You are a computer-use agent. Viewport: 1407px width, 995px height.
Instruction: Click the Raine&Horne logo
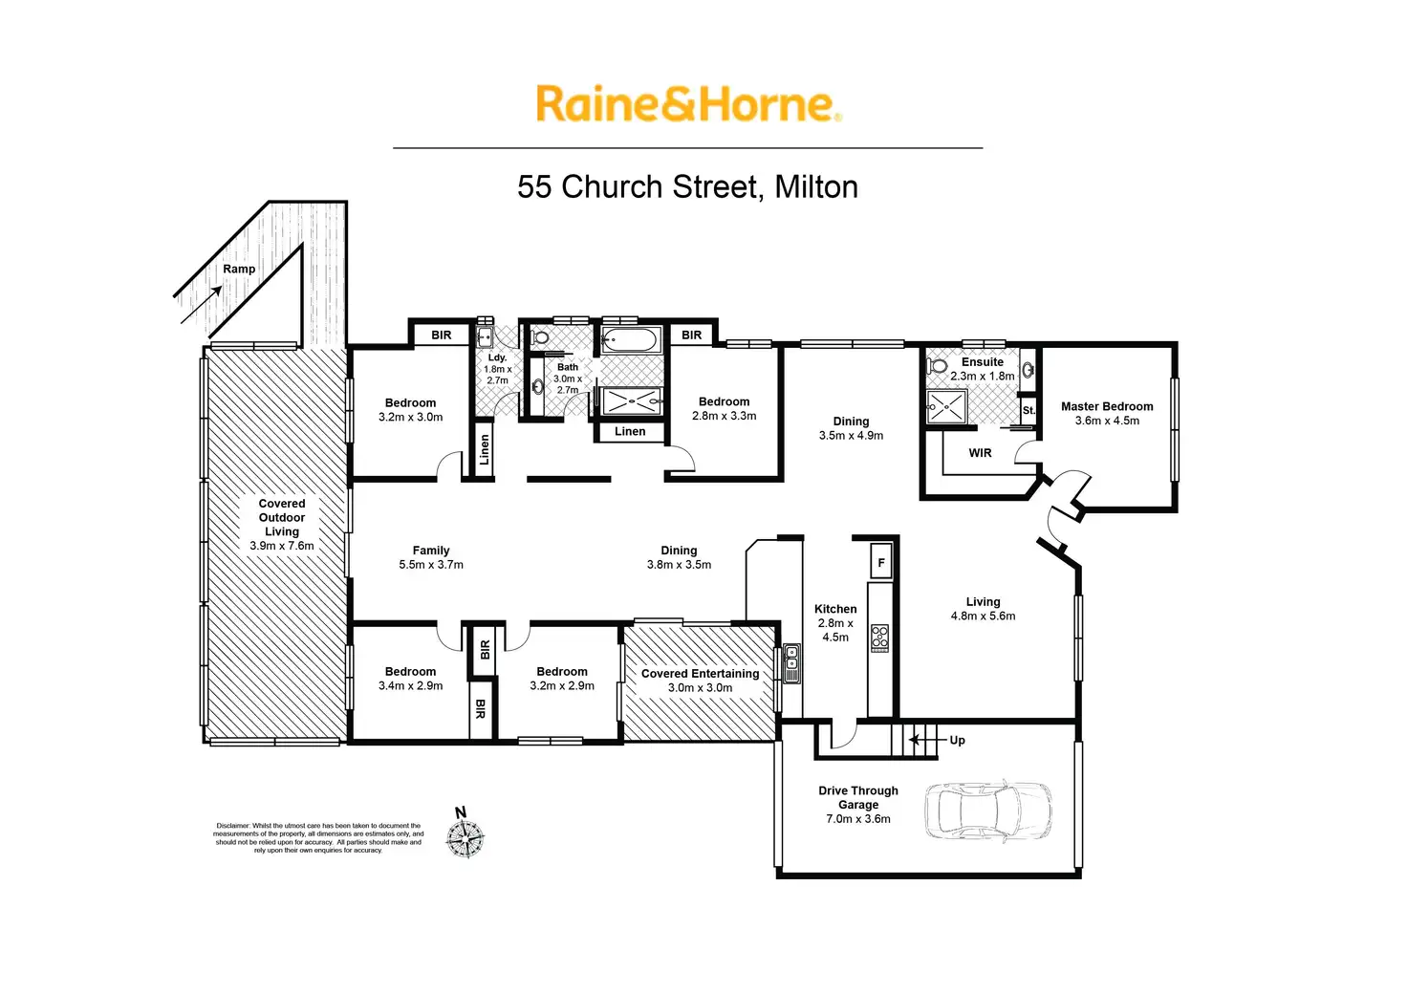[688, 103]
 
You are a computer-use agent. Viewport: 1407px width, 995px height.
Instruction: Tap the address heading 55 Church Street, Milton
[688, 186]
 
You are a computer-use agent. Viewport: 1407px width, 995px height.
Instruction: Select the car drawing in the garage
[988, 811]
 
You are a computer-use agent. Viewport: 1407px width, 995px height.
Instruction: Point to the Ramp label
[239, 269]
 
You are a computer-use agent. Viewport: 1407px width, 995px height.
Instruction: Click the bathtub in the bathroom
[631, 340]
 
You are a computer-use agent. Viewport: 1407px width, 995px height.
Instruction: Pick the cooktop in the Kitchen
[879, 638]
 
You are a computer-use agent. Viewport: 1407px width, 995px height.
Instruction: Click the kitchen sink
[791, 663]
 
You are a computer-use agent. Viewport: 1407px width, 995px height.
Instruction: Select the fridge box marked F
[881, 561]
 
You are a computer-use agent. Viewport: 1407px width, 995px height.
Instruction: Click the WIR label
[980, 453]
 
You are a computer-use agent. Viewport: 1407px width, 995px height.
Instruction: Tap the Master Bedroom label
[1107, 406]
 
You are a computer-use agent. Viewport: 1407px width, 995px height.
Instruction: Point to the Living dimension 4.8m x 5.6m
[983, 616]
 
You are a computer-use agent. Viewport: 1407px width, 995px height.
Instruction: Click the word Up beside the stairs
[957, 740]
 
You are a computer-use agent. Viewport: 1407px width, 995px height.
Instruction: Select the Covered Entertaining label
[700, 674]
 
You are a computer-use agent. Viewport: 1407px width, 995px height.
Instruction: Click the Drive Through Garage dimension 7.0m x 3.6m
[858, 818]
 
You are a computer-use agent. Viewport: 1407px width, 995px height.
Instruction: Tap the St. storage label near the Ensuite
[1028, 410]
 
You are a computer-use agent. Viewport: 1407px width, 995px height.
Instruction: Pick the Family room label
[431, 551]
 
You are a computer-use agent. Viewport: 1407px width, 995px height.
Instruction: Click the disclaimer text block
[318, 838]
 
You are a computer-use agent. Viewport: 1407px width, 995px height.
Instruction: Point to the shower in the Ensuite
[946, 406]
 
